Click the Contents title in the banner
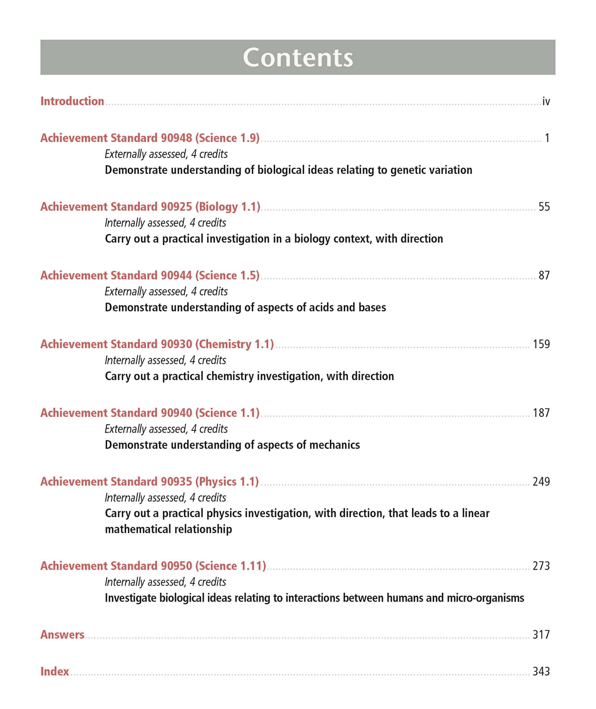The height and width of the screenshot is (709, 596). pos(298,58)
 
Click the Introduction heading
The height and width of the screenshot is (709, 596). pos(72,101)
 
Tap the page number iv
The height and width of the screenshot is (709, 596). pos(546,101)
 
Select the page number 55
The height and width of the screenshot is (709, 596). pos(544,207)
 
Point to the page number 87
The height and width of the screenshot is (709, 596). pos(544,275)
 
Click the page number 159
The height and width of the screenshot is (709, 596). pos(541,344)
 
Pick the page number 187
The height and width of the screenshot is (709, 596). pos(541,413)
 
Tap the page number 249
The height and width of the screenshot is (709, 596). pos(541,482)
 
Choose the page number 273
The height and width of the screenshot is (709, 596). pos(541,566)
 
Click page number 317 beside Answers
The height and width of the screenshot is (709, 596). pos(541,635)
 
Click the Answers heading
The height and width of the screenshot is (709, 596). pos(62,635)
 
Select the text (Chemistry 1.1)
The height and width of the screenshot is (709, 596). pos(235,344)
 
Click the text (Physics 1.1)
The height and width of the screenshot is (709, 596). pos(227,482)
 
